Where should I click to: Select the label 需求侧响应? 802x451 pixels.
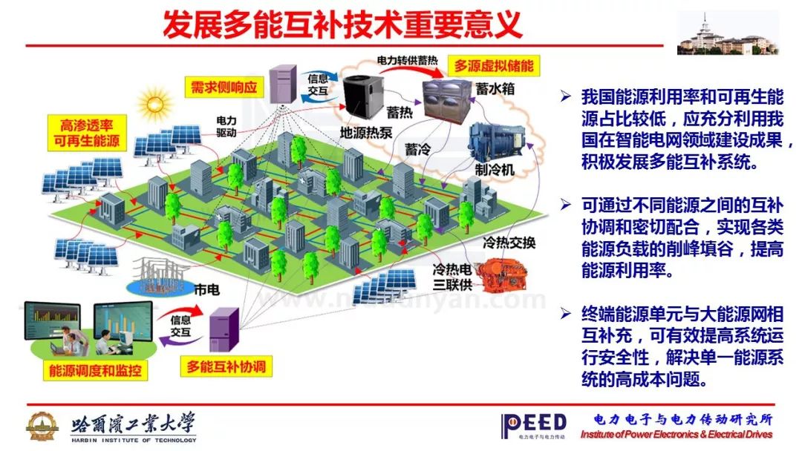tap(224, 87)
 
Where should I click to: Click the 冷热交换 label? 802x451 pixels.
tap(509, 243)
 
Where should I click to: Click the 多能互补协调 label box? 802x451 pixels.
tap(226, 366)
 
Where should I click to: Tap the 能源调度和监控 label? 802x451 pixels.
tap(94, 369)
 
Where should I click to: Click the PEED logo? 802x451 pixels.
tap(533, 424)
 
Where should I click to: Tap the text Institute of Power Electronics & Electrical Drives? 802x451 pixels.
tap(676, 435)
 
